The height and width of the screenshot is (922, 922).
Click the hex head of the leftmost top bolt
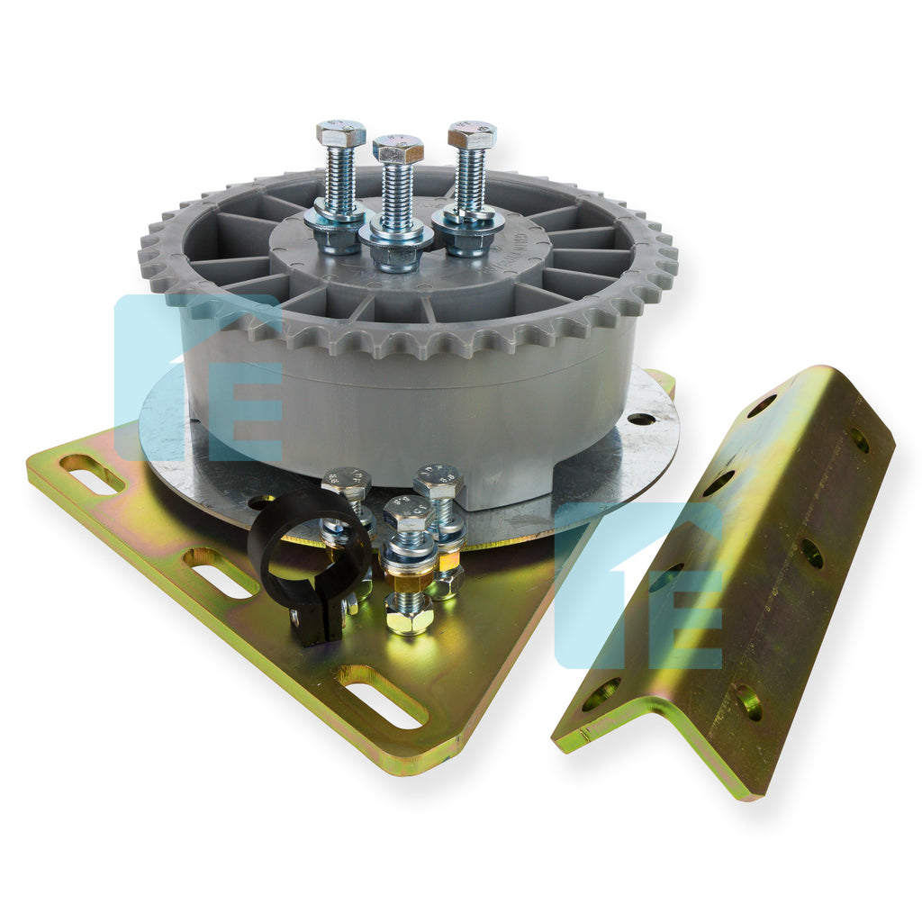click(x=340, y=134)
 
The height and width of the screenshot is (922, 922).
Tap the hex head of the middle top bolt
click(x=398, y=149)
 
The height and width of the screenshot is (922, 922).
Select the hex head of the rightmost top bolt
click(x=472, y=134)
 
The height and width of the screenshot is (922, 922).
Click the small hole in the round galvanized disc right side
click(x=641, y=419)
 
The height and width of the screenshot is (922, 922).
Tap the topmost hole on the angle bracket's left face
click(x=761, y=406)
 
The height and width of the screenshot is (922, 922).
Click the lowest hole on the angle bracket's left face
click(x=600, y=694)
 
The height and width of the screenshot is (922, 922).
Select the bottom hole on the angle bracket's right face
click(x=748, y=701)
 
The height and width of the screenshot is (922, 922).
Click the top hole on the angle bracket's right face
click(x=860, y=440)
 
